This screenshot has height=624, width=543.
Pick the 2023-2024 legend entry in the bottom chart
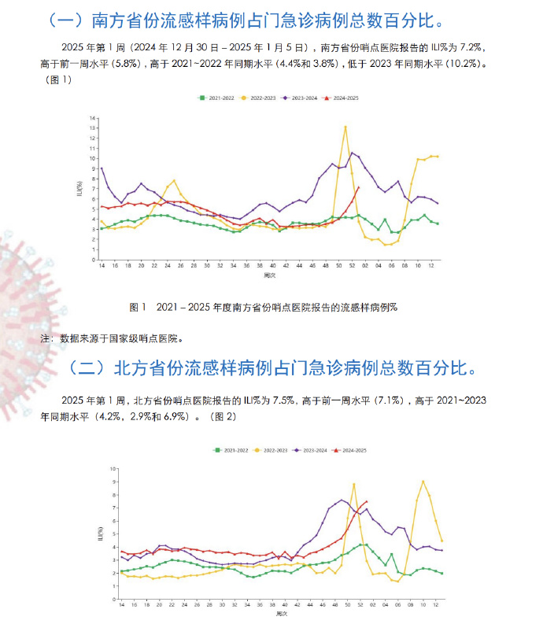(x=308, y=450)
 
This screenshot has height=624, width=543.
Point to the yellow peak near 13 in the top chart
(x=345, y=127)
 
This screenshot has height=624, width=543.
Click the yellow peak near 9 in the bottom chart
(x=423, y=481)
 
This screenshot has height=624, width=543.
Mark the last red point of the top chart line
(x=359, y=187)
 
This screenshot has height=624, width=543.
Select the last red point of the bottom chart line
(x=366, y=502)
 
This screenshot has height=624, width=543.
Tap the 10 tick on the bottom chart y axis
(x=115, y=468)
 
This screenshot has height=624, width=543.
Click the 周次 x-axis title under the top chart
(x=270, y=275)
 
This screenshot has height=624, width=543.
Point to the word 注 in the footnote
(x=43, y=339)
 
